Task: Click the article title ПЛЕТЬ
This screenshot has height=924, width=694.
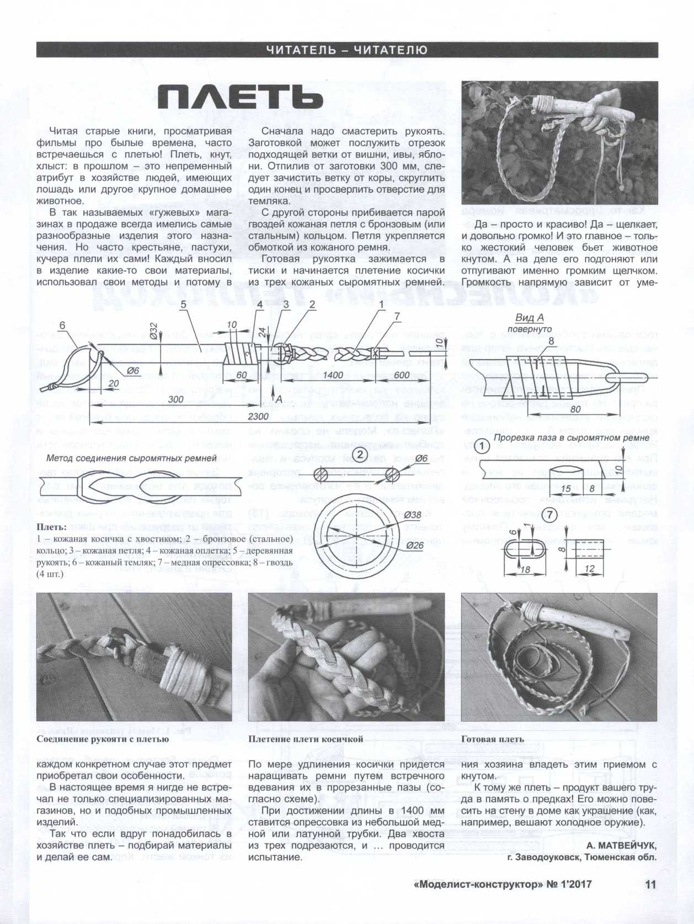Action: (x=241, y=98)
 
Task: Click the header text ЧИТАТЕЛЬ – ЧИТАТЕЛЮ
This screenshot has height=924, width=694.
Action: (x=346, y=50)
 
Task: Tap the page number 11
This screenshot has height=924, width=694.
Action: (x=650, y=884)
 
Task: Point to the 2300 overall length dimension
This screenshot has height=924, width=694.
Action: (x=258, y=416)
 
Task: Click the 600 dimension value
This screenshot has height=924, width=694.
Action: (x=402, y=375)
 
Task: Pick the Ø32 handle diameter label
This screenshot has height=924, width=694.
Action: (x=153, y=332)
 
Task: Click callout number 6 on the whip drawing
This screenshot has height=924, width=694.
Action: (x=62, y=325)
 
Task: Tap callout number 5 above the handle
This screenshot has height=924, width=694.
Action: (x=183, y=304)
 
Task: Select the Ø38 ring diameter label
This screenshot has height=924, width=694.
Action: (x=413, y=515)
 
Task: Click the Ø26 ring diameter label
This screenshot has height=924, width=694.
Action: (x=414, y=546)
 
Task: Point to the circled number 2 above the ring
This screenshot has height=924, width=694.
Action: (x=360, y=455)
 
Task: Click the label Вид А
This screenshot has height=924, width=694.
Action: (x=530, y=318)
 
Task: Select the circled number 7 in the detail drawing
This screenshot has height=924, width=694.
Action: (x=548, y=516)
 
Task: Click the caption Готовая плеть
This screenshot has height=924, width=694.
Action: (x=493, y=739)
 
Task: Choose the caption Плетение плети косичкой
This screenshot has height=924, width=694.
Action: (x=306, y=739)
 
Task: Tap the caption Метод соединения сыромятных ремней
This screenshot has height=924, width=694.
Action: (x=132, y=458)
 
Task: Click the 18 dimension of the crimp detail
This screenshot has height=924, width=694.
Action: (x=526, y=569)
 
